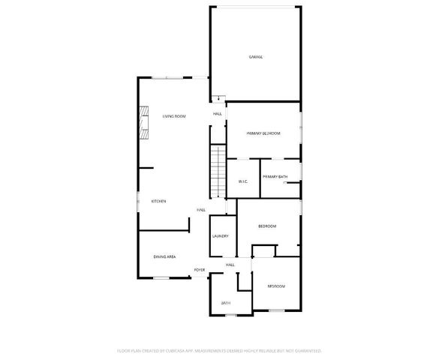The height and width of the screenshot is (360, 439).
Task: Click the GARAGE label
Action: [x=256, y=57]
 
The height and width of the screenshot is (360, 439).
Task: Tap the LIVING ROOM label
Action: [x=174, y=115]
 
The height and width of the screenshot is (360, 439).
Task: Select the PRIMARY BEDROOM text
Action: [x=263, y=133]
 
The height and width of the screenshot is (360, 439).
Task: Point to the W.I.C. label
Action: [x=242, y=181]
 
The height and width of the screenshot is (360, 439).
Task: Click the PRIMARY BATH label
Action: [x=275, y=176]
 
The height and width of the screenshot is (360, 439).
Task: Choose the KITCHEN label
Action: [x=158, y=201]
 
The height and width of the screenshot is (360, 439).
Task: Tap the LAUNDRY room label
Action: [x=220, y=236]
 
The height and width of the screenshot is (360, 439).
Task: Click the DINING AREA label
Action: [x=164, y=256]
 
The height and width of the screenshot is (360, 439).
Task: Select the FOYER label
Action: [x=200, y=269]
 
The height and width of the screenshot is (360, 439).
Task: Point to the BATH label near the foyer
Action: [x=225, y=303]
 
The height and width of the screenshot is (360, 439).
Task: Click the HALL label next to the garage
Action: [x=217, y=113]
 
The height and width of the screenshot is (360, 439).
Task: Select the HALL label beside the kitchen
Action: [x=201, y=210]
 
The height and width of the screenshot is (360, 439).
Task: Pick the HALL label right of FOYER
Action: [x=230, y=265]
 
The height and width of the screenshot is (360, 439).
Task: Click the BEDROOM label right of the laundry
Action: [x=267, y=226]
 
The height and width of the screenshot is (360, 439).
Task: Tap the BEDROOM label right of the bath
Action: [x=276, y=286]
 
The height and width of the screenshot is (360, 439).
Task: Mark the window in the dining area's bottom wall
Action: [x=161, y=278]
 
